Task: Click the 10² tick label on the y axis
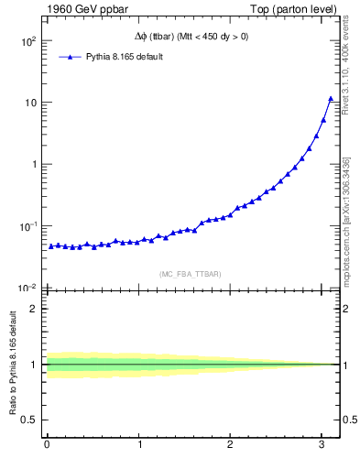[x=28, y=41]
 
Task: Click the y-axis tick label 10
[x=30, y=103]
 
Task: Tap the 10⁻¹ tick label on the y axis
[x=28, y=226]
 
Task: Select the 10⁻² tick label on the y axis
[x=28, y=288]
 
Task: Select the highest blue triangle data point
[x=331, y=98]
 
